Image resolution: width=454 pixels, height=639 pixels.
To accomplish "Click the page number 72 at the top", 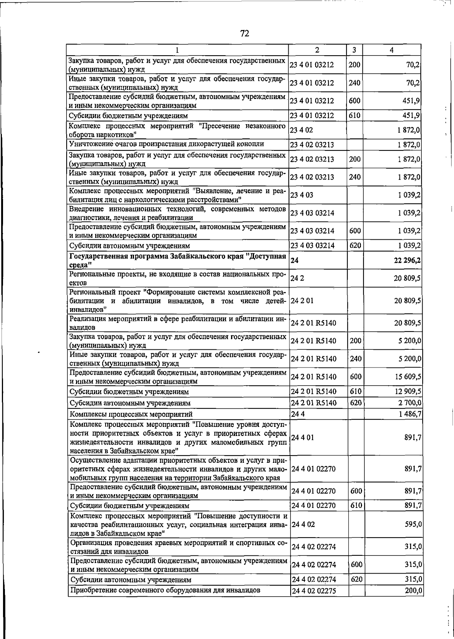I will tap(245, 34).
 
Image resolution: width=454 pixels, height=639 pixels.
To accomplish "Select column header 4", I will tap(392, 50).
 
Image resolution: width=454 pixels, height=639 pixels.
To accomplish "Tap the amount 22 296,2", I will tap(407, 260).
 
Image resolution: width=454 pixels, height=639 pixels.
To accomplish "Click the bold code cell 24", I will tap(295, 260).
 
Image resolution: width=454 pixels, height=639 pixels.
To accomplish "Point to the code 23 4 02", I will tap(301, 130).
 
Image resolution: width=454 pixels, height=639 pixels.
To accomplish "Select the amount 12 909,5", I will tap(407, 391).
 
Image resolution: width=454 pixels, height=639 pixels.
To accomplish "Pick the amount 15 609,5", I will tap(407, 377).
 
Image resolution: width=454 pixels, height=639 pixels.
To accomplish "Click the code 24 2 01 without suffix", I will tap(302, 301).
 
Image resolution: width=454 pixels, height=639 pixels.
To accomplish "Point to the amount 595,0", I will tap(413, 524).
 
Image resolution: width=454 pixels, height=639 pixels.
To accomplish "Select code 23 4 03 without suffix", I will tap(301, 195).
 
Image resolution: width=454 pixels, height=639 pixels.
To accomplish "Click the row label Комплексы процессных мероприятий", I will tap(131, 414).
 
